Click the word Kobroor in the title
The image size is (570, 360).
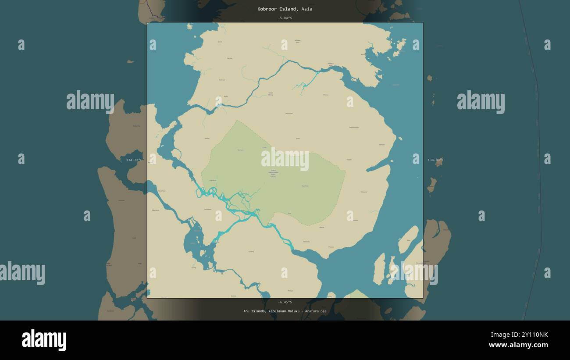pyautogui.click(x=267, y=9)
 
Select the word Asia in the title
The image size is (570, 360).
pyautogui.click(x=307, y=9)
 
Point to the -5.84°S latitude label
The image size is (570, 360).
pyautogui.click(x=285, y=18)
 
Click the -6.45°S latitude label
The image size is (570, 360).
pyautogui.click(x=285, y=302)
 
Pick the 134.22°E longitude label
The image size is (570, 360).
pyautogui.click(x=134, y=160)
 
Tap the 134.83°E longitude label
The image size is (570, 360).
pyautogui.click(x=435, y=160)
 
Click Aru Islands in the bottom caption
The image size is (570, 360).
pyautogui.click(x=254, y=311)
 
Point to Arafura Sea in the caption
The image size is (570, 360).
pyautogui.click(x=316, y=311)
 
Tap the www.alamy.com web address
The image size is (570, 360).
pyautogui.click(x=518, y=345)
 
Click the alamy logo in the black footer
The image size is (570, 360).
pyautogui.click(x=44, y=340)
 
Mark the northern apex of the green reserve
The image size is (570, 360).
pyautogui.click(x=237, y=121)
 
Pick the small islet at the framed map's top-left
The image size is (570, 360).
pyautogui.click(x=189, y=26)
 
